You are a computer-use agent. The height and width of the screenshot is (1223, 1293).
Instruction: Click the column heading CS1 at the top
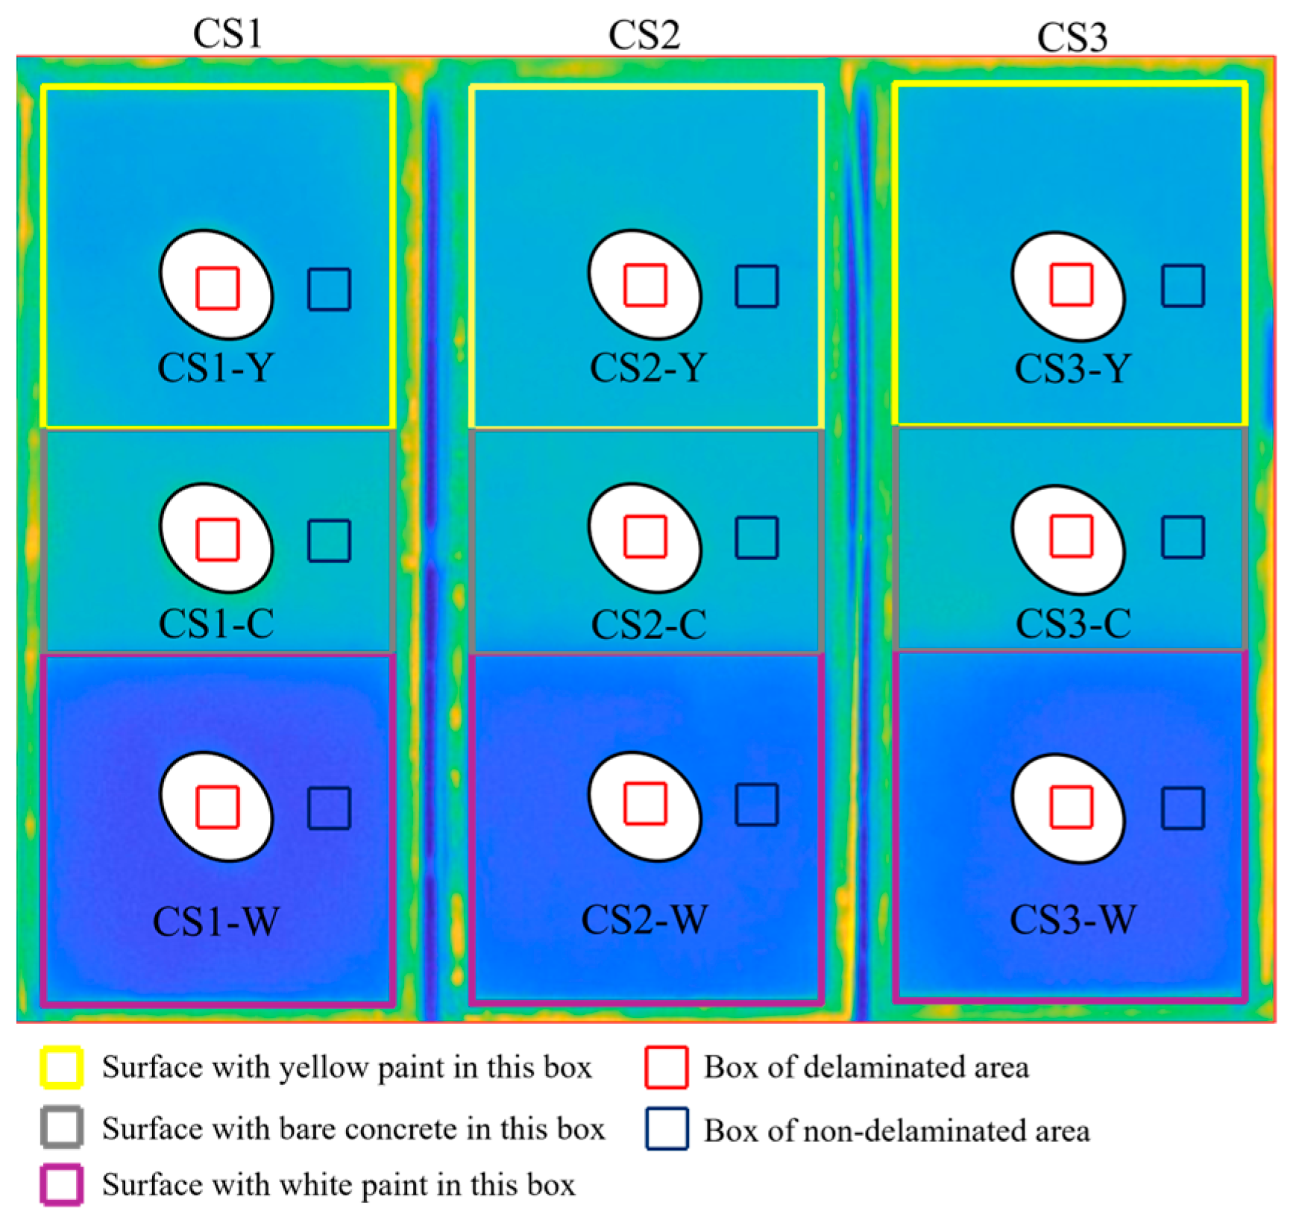point(227,34)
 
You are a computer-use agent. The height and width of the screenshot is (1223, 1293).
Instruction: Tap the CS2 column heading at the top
point(644,35)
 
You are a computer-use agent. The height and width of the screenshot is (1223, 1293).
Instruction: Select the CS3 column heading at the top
point(1072,37)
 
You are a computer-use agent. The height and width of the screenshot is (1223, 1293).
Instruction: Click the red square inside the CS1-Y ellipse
point(218,288)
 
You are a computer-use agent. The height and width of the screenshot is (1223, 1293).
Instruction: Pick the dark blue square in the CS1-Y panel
point(330,289)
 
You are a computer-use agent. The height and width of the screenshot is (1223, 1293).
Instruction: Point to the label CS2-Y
point(647,368)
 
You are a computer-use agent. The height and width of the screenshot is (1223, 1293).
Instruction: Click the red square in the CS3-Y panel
point(1072,285)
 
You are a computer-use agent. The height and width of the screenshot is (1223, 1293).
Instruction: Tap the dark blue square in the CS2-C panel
point(757,538)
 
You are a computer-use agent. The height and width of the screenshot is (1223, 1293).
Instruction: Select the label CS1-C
point(216,623)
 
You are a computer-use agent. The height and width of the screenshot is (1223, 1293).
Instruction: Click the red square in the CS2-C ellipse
point(645,537)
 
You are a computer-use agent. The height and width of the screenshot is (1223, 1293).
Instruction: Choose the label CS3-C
point(1073,623)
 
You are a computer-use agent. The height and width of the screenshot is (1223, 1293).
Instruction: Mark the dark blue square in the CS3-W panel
point(1183,808)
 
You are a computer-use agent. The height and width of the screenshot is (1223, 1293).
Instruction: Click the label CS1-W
point(216,922)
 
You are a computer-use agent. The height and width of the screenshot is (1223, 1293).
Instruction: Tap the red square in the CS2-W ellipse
point(645,804)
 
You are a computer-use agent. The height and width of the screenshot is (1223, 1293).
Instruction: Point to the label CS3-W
point(1073,919)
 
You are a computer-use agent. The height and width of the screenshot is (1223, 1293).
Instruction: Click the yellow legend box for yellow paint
point(61,1067)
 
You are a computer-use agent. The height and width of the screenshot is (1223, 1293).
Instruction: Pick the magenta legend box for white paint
point(61,1185)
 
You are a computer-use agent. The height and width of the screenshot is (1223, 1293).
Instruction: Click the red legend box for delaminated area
point(666,1067)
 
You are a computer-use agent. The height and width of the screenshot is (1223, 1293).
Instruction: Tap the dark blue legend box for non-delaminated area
point(667,1129)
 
